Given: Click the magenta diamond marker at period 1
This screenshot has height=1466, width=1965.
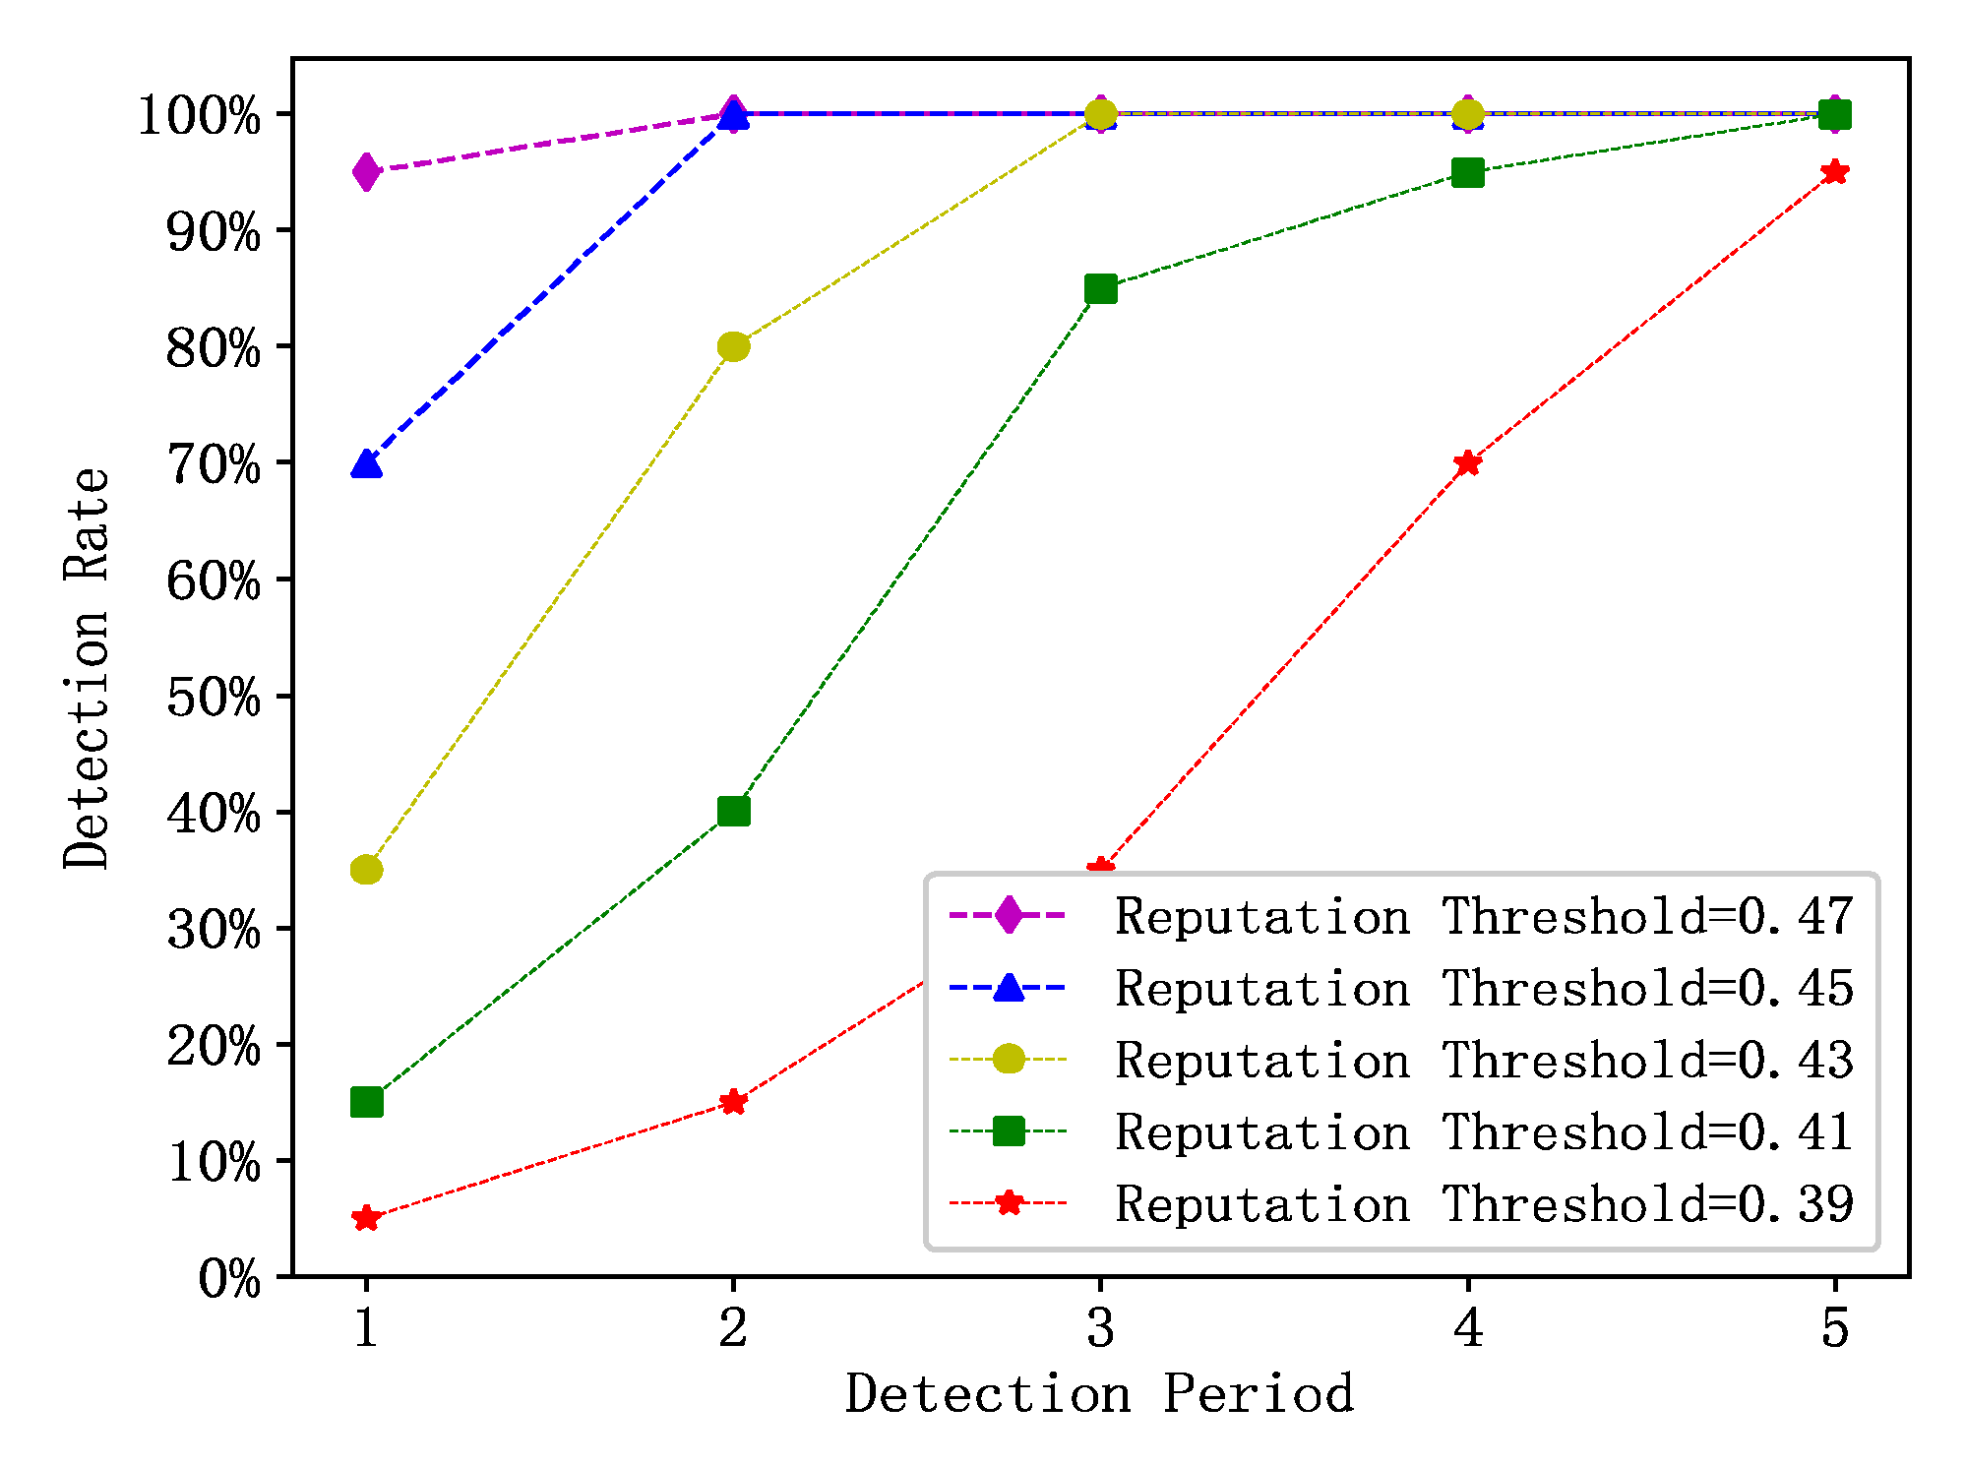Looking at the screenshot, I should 366,172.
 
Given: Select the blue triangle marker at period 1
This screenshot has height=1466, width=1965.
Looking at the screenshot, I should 366,463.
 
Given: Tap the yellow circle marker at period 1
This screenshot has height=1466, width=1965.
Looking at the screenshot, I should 366,870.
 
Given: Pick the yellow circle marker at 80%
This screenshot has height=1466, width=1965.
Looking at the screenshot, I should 733,346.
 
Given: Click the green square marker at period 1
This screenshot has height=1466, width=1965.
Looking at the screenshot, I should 366,1102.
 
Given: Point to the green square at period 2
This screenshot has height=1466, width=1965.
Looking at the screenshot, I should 733,812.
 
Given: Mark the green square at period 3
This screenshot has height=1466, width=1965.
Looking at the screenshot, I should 1100,288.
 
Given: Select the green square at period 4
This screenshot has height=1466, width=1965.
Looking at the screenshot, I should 1467,172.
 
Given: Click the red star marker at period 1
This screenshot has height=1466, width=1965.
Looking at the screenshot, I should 366,1218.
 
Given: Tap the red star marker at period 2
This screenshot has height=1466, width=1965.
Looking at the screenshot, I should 733,1102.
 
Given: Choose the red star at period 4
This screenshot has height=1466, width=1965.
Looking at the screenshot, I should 1467,462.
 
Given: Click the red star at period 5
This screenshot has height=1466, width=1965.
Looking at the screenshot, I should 1834,172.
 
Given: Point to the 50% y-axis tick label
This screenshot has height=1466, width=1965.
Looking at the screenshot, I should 214,698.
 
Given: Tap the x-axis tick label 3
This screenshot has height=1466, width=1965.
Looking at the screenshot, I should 1100,1327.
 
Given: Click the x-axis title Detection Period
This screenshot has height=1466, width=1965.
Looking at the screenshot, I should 1099,1394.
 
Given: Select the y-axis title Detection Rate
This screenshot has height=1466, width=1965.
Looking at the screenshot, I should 87,669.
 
